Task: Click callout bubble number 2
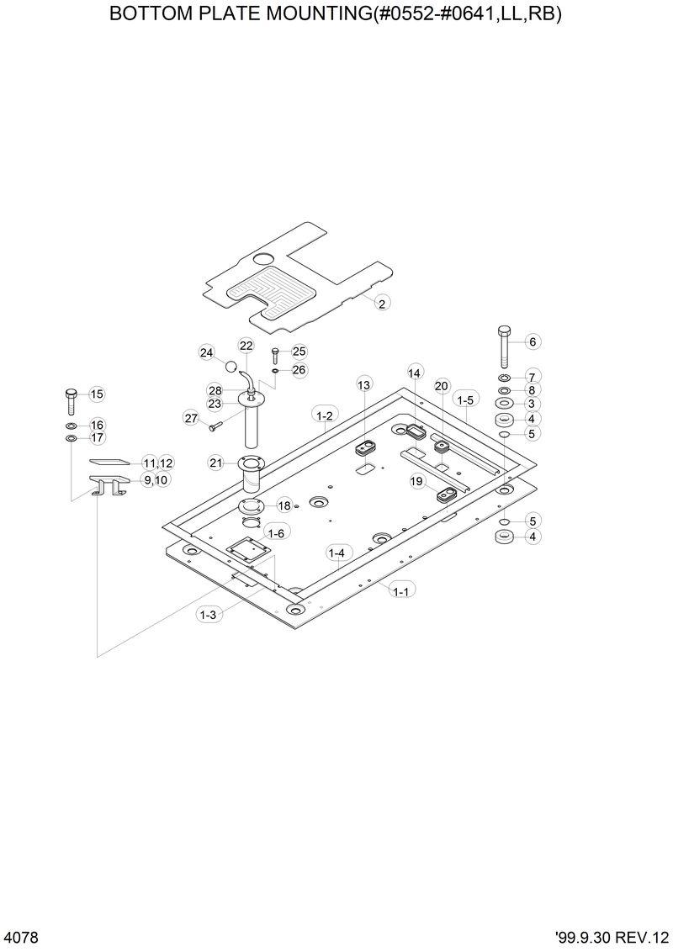pyautogui.click(x=381, y=304)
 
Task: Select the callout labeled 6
pyautogui.click(x=532, y=341)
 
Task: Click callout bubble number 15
pyautogui.click(x=96, y=394)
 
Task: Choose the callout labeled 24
pyautogui.click(x=207, y=353)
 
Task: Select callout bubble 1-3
pyautogui.click(x=208, y=615)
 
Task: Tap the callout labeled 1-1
pyautogui.click(x=400, y=592)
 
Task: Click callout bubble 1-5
pyautogui.click(x=464, y=399)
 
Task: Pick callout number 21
pyautogui.click(x=216, y=463)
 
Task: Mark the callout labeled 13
pyautogui.click(x=363, y=385)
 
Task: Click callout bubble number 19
pyautogui.click(x=416, y=481)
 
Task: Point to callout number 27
pyautogui.click(x=190, y=418)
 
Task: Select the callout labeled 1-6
pyautogui.click(x=275, y=533)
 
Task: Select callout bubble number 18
pyautogui.click(x=284, y=505)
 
